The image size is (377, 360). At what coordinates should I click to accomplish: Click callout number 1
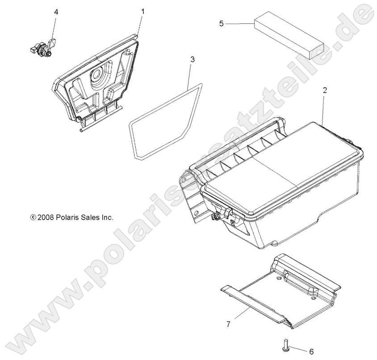[x=143, y=10]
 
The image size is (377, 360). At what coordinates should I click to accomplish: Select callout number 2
[x=325, y=90]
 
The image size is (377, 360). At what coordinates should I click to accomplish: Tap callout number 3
[x=192, y=59]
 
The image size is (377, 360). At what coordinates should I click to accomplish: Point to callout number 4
[x=56, y=12]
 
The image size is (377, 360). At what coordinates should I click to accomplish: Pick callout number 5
[x=221, y=23]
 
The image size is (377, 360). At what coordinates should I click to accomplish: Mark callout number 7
[x=228, y=324]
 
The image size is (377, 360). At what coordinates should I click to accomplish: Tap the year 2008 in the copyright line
[x=46, y=218]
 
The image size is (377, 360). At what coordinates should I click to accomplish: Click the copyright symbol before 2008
[x=33, y=218]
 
